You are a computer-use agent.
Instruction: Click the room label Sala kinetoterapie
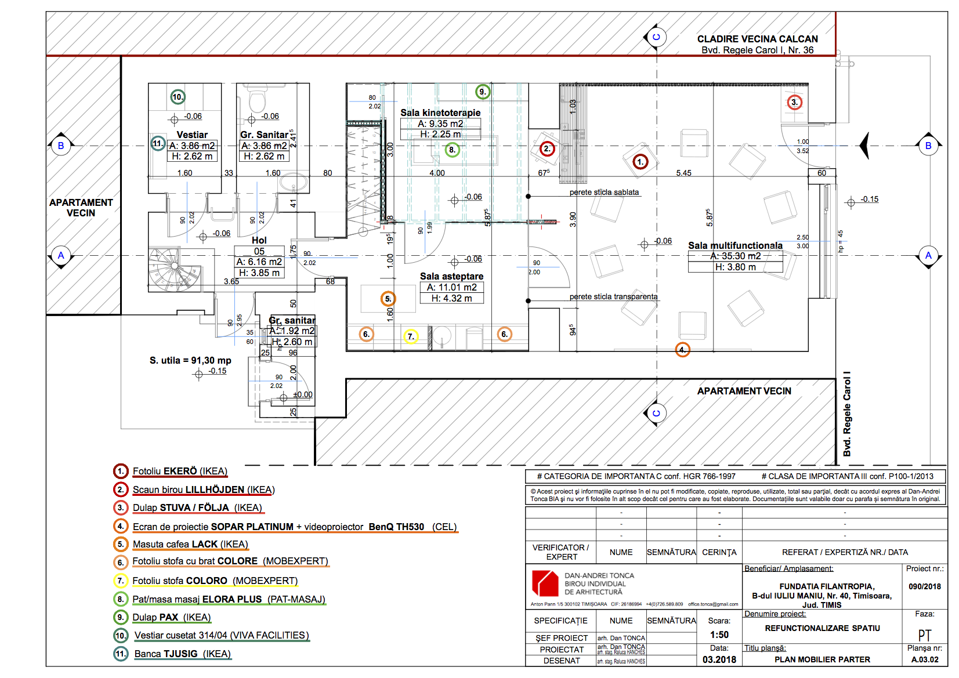coord(440,113)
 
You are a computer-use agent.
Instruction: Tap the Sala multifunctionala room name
coord(735,245)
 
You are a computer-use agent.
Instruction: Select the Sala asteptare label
coord(451,276)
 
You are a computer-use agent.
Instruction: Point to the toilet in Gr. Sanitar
coord(256,101)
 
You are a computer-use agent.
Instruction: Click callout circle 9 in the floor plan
coord(483,92)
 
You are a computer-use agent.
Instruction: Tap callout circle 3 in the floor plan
coord(794,103)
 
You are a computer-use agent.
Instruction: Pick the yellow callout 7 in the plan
coord(411,336)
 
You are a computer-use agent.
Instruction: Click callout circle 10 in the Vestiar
coord(178,97)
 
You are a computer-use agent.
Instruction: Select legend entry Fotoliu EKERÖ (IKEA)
coord(180,471)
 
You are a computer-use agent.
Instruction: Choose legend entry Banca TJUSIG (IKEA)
coord(183,654)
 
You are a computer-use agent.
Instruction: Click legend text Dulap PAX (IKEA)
coord(172,617)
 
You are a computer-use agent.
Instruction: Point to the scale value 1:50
coord(719,635)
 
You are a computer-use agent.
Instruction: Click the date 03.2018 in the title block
coord(719,659)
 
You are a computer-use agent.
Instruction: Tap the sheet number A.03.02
coord(925,659)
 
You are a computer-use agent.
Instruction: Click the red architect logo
coord(545,583)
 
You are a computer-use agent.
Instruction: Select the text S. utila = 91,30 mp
coord(190,360)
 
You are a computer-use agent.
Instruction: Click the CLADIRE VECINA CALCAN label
coord(757,39)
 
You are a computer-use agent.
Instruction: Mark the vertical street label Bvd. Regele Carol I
coord(847,414)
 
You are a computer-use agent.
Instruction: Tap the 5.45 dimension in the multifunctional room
coord(683,173)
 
